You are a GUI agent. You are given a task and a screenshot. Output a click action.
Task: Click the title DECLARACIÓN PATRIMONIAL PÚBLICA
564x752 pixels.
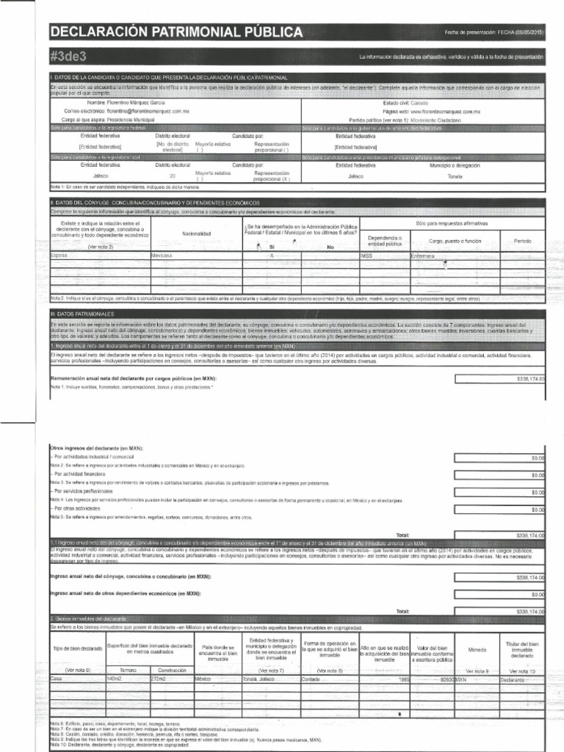click(176, 32)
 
